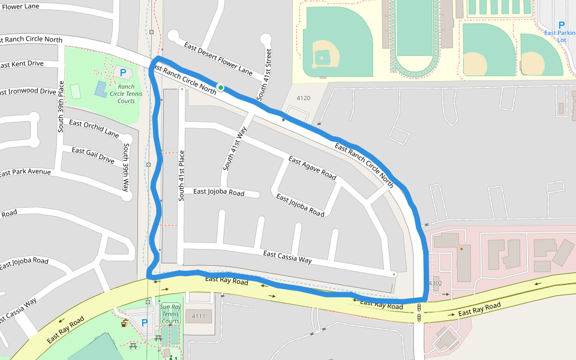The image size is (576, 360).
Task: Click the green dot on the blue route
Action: pyautogui.click(x=221, y=88)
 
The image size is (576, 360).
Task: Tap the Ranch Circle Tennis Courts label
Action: pyautogui.click(x=126, y=94)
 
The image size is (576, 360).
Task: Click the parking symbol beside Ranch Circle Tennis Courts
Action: pyautogui.click(x=123, y=72)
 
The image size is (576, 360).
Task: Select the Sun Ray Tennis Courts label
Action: pyautogui.click(x=170, y=314)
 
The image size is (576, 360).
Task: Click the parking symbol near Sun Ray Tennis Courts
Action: pyautogui.click(x=144, y=323)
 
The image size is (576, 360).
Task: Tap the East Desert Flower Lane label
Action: pyautogui.click(x=218, y=58)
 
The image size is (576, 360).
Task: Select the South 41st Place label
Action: pyautogui.click(x=181, y=175)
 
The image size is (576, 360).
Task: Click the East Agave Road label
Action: pyautogui.click(x=312, y=167)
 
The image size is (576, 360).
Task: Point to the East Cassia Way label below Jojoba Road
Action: pyautogui.click(x=287, y=257)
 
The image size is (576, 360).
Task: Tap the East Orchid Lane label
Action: pyautogui.click(x=94, y=128)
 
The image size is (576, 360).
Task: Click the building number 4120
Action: pyautogui.click(x=304, y=98)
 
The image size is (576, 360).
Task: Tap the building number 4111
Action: pyautogui.click(x=199, y=316)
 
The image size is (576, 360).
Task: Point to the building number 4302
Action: pyautogui.click(x=435, y=283)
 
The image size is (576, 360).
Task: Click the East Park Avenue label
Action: pyautogui.click(x=25, y=172)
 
